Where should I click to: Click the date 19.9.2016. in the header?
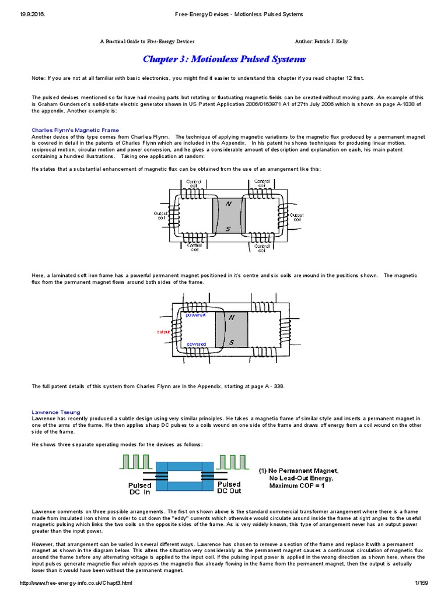pos(23,14)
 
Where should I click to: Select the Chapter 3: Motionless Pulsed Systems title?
pos(224,59)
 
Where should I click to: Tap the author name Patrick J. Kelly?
pos(331,42)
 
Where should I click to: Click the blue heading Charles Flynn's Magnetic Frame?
pos(75,130)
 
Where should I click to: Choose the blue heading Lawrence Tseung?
pos(56,412)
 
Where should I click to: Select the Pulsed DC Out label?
pos(229,487)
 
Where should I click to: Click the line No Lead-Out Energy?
pos(301,478)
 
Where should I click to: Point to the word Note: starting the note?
pos(38,78)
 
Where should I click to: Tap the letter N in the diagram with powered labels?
pos(232,317)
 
